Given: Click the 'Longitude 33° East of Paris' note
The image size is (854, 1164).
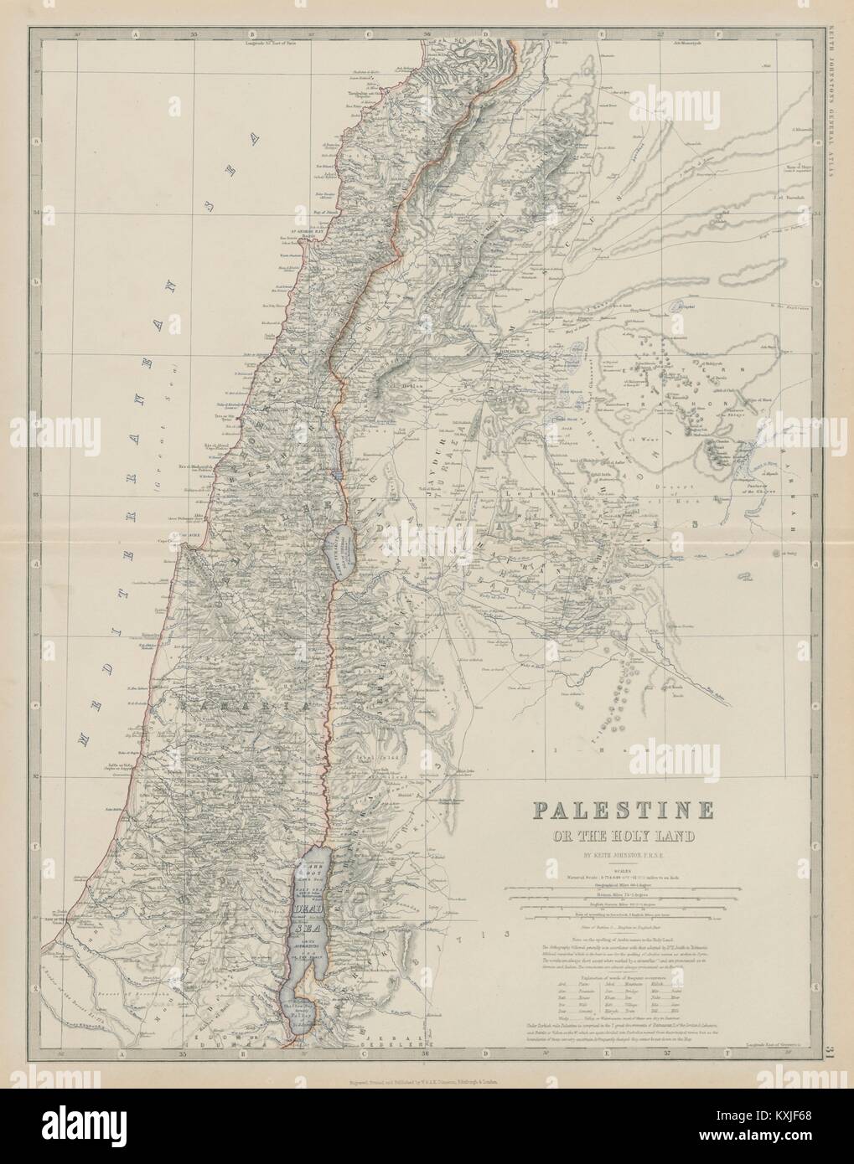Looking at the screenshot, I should (270, 41).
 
